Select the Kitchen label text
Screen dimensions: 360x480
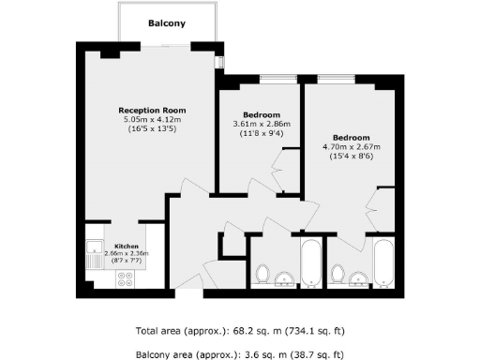pos(126,246)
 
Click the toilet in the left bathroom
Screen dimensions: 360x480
pos(263,275)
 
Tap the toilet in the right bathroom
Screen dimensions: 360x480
pos(338,275)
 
